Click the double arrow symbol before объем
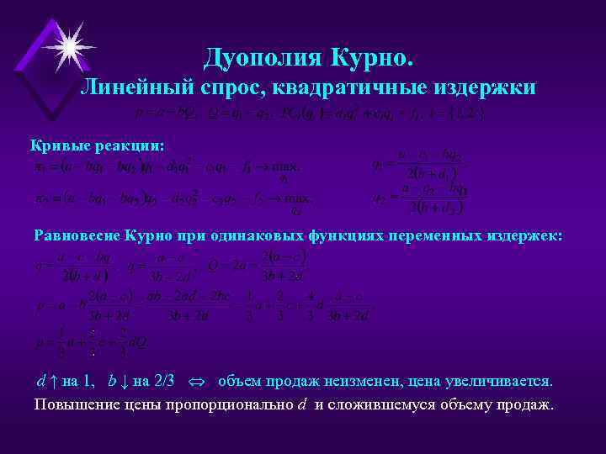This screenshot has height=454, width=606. tap(198, 382)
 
